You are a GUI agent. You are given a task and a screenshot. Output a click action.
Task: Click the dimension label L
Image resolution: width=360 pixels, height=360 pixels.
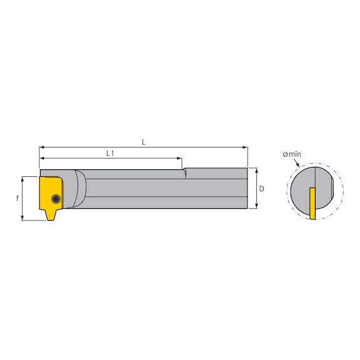tap(144, 142)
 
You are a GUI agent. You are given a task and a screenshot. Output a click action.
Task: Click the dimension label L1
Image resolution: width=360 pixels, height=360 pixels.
tap(110, 152)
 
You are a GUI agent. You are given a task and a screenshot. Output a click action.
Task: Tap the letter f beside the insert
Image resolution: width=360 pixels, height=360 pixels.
tap(17, 198)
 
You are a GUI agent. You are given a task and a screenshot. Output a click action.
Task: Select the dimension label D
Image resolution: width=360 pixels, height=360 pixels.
tap(263, 188)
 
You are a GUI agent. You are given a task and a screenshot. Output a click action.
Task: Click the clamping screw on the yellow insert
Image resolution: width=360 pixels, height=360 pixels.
tap(57, 199)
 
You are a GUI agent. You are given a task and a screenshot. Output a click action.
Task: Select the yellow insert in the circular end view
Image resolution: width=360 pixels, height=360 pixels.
tap(312, 203)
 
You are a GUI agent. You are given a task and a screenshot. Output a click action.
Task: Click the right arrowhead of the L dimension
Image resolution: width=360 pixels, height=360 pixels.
tap(245, 148)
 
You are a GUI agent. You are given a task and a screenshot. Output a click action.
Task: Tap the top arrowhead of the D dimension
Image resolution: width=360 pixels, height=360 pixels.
tap(257, 171)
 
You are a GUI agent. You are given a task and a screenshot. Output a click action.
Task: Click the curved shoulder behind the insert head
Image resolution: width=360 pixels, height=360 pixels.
tap(80, 188)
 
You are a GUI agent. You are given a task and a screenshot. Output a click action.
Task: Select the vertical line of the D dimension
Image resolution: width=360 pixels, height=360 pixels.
tap(257, 188)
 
